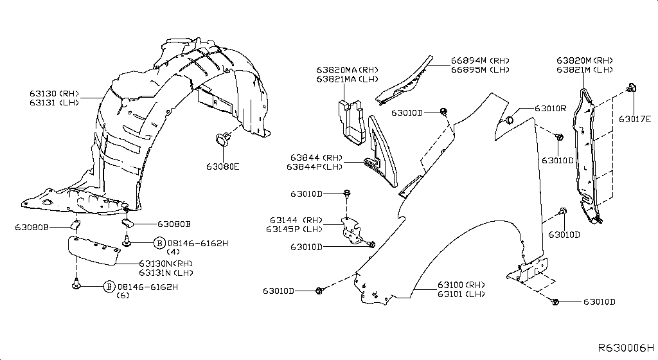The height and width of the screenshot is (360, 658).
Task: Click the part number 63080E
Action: (x=222, y=166)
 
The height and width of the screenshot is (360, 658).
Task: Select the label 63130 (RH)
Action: (x=54, y=94)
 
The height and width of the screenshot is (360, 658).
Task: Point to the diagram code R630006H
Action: (x=626, y=348)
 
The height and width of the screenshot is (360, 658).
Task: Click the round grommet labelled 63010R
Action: (x=508, y=120)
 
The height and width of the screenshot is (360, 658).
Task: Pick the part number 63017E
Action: (x=635, y=119)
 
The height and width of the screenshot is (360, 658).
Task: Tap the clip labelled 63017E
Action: (x=631, y=88)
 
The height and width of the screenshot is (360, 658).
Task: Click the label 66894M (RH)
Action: (x=480, y=60)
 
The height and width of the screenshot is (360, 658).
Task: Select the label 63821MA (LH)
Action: (x=347, y=79)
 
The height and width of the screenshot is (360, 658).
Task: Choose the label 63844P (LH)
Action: (x=314, y=166)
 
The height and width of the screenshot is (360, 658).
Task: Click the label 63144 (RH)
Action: (x=296, y=220)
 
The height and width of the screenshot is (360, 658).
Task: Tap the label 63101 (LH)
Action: (x=461, y=294)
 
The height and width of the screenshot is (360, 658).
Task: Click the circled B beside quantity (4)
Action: (x=159, y=243)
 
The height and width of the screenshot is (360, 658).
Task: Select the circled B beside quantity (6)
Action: (x=109, y=287)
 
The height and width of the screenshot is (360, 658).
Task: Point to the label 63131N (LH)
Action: (x=166, y=273)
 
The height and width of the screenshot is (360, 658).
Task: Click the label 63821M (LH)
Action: (x=585, y=69)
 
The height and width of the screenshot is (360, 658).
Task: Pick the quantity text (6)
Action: (x=123, y=295)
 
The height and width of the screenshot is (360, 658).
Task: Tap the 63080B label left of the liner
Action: (x=31, y=227)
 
